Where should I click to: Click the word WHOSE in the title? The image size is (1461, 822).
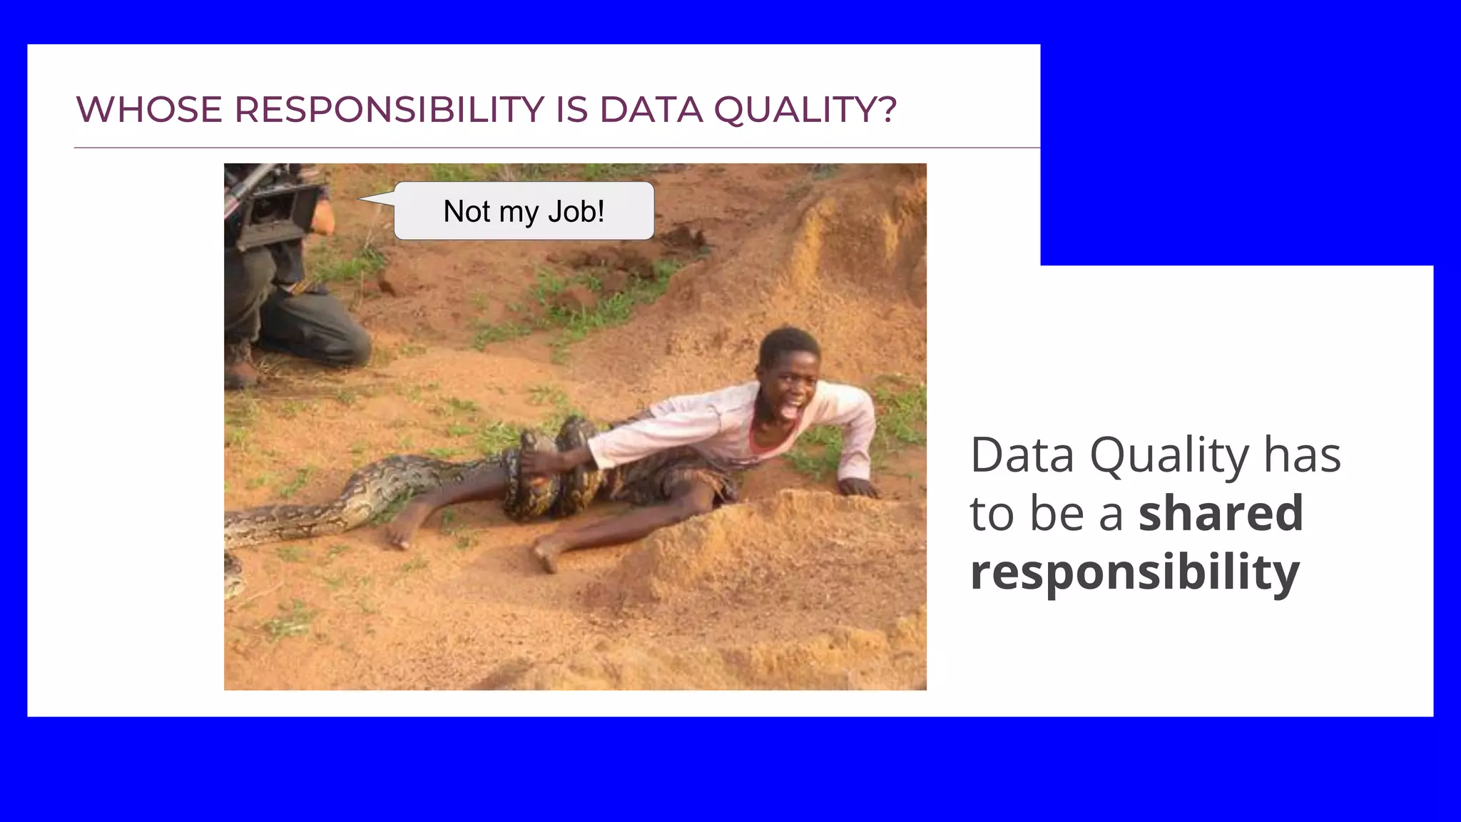click(x=148, y=110)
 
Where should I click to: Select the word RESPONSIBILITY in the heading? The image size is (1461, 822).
click(x=389, y=110)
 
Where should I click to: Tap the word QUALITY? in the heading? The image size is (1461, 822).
click(x=805, y=110)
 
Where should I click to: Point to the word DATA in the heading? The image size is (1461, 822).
click(x=651, y=110)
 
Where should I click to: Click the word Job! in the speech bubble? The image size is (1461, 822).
click(x=576, y=211)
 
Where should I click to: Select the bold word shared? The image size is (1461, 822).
click(x=1221, y=513)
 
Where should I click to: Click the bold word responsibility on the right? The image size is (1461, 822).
click(x=1134, y=572)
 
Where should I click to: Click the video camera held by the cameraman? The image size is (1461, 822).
click(x=275, y=207)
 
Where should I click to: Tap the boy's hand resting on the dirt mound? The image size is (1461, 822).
click(x=859, y=487)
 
